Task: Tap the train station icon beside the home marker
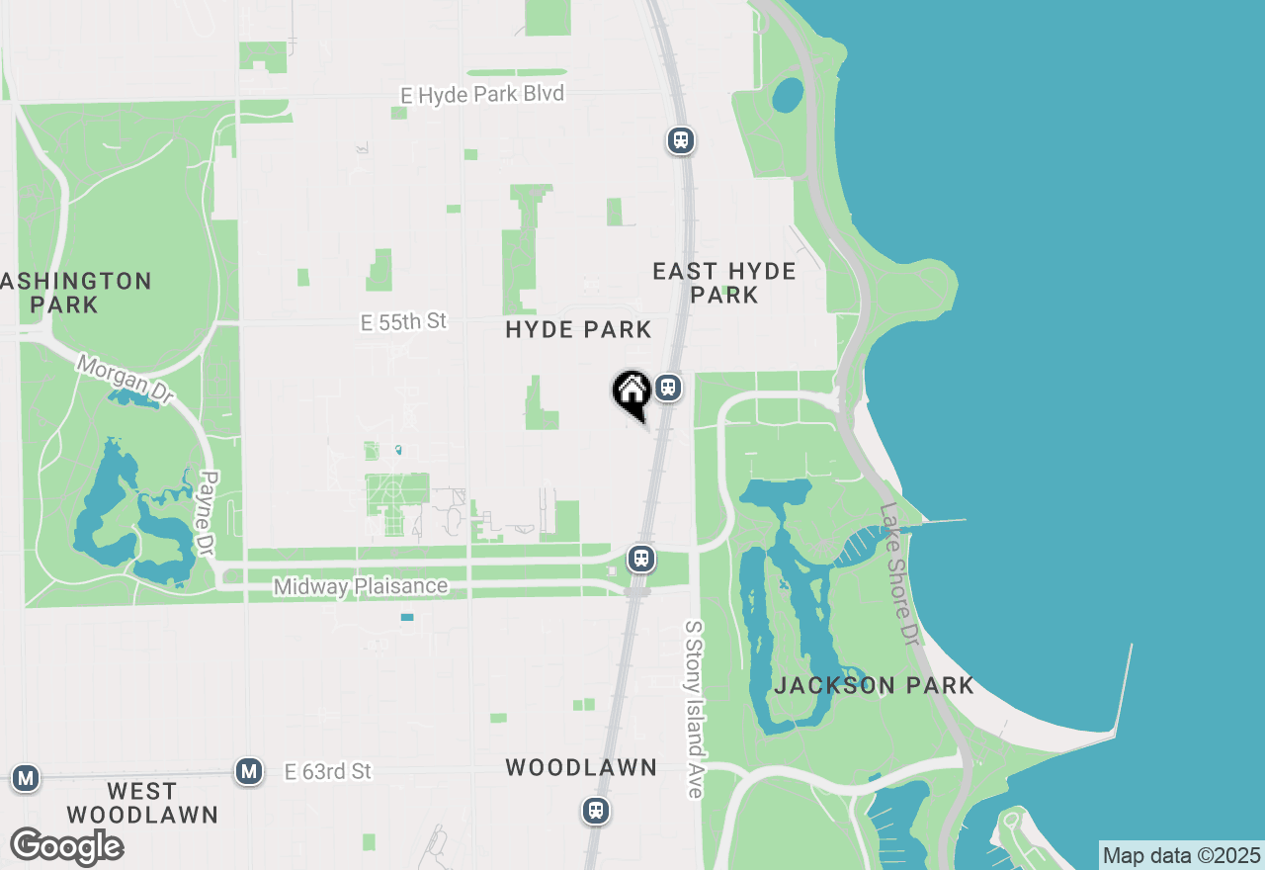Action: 669,388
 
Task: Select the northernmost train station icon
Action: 680,140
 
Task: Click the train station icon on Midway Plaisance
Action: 642,559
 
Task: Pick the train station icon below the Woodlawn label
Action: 595,812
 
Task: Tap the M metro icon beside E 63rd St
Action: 249,771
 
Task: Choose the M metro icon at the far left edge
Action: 26,778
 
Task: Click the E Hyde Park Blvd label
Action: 482,95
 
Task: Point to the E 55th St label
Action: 403,321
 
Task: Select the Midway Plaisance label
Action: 361,587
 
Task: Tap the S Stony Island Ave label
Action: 695,709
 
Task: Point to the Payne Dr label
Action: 208,513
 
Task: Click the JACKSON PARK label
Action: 874,685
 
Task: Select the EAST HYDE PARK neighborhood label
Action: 724,283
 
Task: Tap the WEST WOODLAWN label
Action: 142,803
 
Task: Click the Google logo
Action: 66,846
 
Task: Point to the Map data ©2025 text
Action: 1182,856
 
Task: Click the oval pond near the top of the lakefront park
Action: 788,95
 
